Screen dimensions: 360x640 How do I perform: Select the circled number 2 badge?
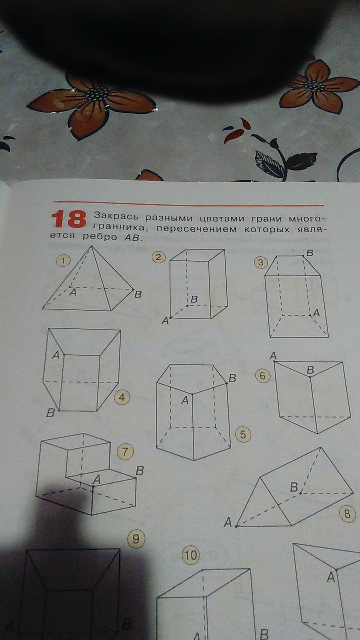pyautogui.click(x=158, y=257)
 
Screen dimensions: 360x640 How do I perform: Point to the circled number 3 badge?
pyautogui.click(x=261, y=262)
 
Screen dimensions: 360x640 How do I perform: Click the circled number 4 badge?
pyautogui.click(x=122, y=398)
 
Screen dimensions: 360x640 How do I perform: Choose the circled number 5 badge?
pyautogui.click(x=243, y=435)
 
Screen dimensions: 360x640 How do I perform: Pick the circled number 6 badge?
pyautogui.click(x=263, y=376)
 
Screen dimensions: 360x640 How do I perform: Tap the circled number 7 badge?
pyautogui.click(x=125, y=452)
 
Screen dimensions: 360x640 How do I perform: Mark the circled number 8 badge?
pyautogui.click(x=347, y=514)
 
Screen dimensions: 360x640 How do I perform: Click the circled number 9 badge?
pyautogui.click(x=136, y=539)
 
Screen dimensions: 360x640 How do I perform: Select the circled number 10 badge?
pyautogui.click(x=190, y=555)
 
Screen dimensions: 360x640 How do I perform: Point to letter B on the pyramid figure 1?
pyautogui.click(x=138, y=295)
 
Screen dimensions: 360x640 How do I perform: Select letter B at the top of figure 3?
pyautogui.click(x=310, y=253)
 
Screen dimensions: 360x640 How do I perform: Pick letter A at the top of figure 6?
pyautogui.click(x=273, y=356)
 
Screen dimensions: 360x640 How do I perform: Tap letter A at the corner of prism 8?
pyautogui.click(x=228, y=522)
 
